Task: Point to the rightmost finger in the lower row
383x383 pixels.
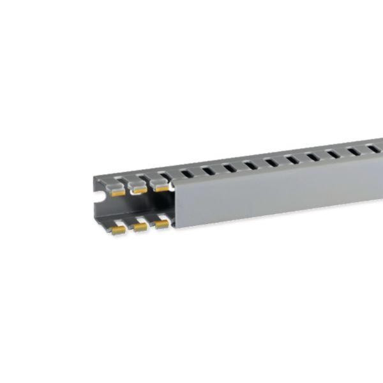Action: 161,222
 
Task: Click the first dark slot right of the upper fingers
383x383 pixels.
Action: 185,172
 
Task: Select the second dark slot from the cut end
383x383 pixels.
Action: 207,170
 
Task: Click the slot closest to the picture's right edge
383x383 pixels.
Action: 374,149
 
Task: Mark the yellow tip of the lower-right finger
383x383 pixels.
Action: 162,225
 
